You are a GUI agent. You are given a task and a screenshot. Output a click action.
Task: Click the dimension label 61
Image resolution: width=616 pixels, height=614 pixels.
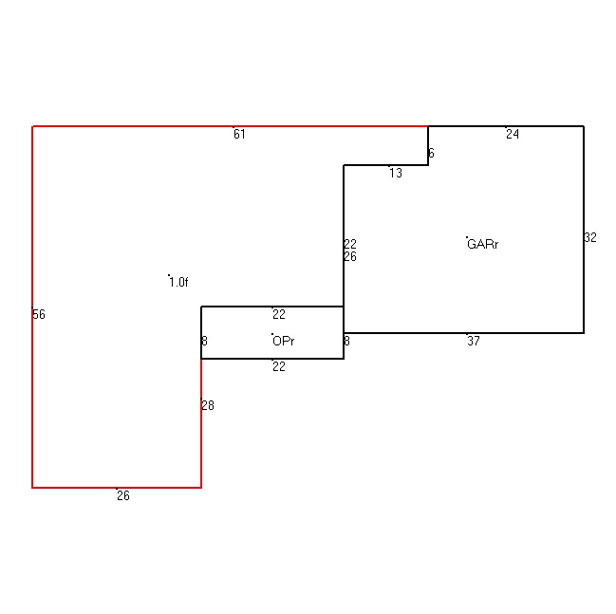pos(239,135)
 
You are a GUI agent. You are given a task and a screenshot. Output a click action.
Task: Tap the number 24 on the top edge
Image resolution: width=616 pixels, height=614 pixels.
pos(513,135)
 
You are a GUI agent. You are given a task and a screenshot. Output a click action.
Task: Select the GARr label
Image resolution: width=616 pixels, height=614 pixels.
pos(483,244)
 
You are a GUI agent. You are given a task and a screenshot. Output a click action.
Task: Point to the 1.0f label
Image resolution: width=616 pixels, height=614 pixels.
pos(178,282)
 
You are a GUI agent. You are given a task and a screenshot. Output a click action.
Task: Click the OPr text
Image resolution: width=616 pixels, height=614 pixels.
pos(283,341)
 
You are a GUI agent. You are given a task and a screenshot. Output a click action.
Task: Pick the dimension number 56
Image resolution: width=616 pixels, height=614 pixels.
pos(39,314)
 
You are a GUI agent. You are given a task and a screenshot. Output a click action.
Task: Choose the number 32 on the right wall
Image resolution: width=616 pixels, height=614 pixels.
pos(590,237)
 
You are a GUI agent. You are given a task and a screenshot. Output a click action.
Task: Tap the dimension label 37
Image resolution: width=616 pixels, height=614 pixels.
pos(474,341)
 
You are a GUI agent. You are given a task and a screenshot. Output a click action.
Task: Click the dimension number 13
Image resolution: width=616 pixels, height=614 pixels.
pos(396,174)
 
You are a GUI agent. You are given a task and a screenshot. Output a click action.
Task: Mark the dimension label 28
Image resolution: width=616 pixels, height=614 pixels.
pos(208,405)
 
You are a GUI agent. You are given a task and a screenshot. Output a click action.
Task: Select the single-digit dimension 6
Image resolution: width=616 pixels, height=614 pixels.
pos(431,153)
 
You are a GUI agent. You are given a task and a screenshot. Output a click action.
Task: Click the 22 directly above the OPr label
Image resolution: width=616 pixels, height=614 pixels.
pos(279,314)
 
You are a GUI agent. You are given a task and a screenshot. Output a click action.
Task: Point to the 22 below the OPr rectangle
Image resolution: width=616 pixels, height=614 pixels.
pos(279,366)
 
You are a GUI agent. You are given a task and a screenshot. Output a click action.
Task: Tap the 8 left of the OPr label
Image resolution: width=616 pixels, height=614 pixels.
pos(204,341)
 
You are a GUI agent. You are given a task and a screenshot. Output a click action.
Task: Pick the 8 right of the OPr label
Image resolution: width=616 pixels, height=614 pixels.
pos(346,341)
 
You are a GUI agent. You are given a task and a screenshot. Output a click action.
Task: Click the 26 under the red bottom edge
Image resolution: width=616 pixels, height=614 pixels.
pos(123,495)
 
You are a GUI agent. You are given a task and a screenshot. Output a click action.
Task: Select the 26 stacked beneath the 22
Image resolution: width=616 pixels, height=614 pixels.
pos(350,256)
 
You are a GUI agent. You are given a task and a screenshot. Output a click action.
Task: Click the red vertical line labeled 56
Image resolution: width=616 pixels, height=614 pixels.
pos(32,307)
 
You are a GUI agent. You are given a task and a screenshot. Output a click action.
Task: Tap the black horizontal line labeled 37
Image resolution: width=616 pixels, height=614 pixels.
pos(464,333)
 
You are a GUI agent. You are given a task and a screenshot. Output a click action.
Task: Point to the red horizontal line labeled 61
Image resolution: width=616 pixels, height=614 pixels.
pos(231,126)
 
